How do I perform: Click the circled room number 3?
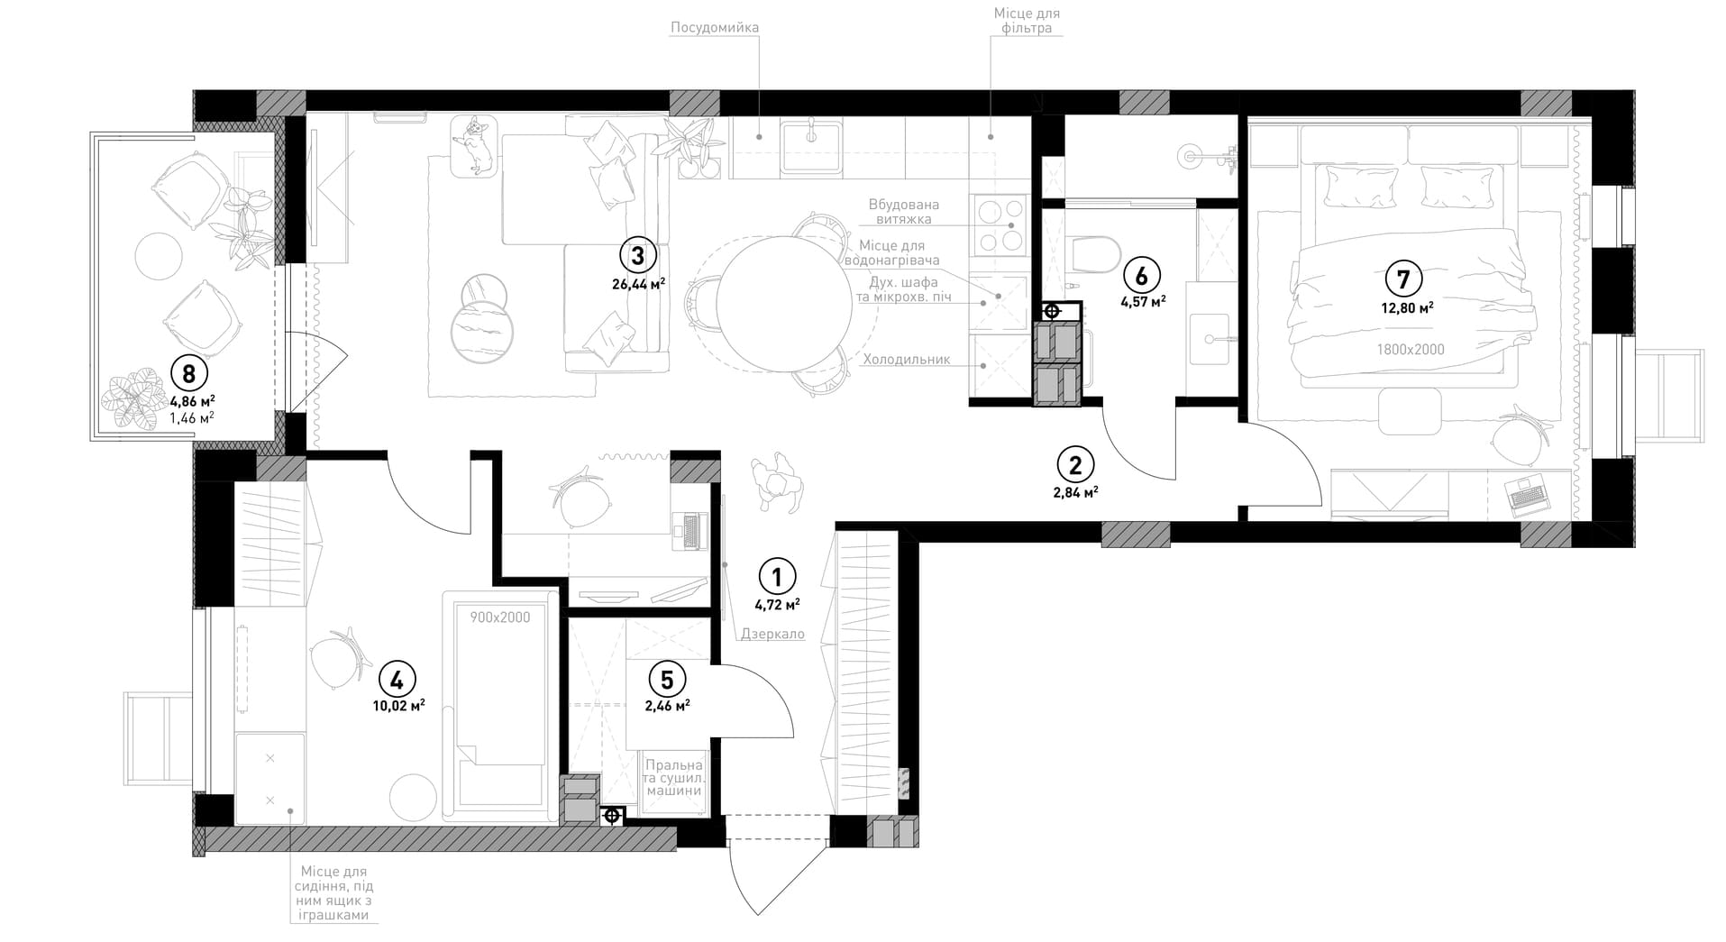click(x=637, y=256)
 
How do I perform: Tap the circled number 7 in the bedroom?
click(x=1404, y=279)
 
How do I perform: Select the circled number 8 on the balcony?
click(x=189, y=372)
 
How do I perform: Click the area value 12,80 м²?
click(x=1407, y=307)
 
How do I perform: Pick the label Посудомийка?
click(x=715, y=27)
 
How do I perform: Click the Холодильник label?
click(x=907, y=359)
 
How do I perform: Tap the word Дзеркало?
click(x=772, y=634)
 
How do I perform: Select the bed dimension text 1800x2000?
click(x=1411, y=350)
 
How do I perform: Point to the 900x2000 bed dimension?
click(x=500, y=617)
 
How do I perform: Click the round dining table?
click(x=783, y=304)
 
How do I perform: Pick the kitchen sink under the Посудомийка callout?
click(x=811, y=148)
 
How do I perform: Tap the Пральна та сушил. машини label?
click(x=673, y=778)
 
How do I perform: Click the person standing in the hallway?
click(x=776, y=480)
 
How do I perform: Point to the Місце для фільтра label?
click(x=1027, y=21)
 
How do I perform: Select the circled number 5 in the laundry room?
click(x=667, y=678)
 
